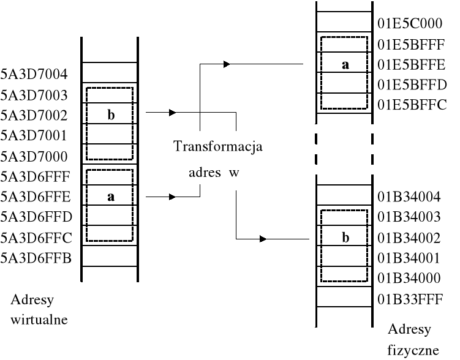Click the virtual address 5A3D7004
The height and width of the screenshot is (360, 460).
tap(34, 75)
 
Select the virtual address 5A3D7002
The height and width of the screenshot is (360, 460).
tap(34, 115)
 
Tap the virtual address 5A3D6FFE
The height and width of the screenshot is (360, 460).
tap(34, 197)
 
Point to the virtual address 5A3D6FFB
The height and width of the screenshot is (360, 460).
tap(34, 258)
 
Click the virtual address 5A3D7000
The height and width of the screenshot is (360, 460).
tap(34, 156)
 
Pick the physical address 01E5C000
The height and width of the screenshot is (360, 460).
tap(409, 24)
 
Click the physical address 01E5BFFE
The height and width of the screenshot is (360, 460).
tap(409, 64)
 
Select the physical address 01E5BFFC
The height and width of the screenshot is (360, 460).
tap(409, 104)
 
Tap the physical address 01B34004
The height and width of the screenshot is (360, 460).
tap(409, 197)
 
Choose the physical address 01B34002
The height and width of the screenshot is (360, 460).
tap(409, 238)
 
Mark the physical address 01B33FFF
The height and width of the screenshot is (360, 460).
tap(409, 299)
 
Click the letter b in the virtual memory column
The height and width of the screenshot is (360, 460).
tap(111, 116)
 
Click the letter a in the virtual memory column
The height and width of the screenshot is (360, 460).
tap(111, 197)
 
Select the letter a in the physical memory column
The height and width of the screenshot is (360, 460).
tap(345, 64)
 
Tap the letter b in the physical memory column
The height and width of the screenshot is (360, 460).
tap(345, 238)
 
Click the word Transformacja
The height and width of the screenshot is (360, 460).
tap(218, 147)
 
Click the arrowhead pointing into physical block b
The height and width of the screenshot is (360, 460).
tap(263, 238)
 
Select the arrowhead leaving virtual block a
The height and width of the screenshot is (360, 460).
tap(173, 197)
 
